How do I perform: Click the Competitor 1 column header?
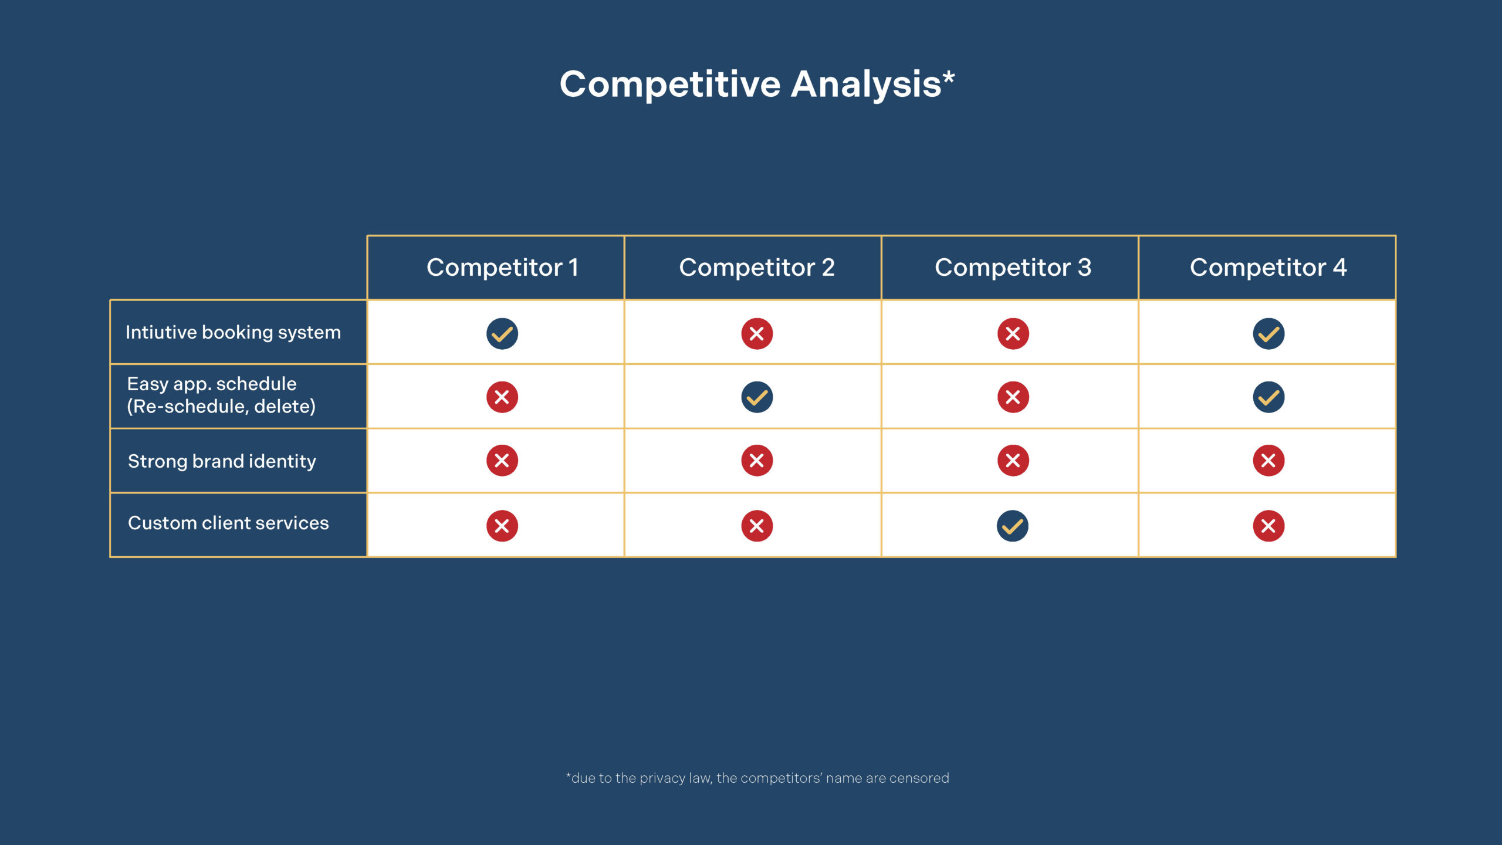pos(502,268)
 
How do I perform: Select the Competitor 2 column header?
pos(757,268)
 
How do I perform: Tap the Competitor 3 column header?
pos(1013,268)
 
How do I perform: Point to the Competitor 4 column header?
pos(1268,268)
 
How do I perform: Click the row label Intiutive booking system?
pos(233,332)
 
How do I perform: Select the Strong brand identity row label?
pos(222,461)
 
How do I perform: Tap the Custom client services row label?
pos(228,523)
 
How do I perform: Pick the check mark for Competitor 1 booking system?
pos(502,334)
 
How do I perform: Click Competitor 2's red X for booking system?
pos(757,334)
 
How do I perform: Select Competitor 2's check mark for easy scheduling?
pos(757,397)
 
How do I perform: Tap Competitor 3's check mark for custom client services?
pos(1013,526)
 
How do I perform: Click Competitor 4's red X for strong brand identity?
pos(1268,461)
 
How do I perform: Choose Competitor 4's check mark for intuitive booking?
pos(1268,334)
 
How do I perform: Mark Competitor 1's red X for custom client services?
pos(502,526)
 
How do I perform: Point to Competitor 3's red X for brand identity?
pos(1013,461)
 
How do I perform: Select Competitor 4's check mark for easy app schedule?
pos(1268,397)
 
